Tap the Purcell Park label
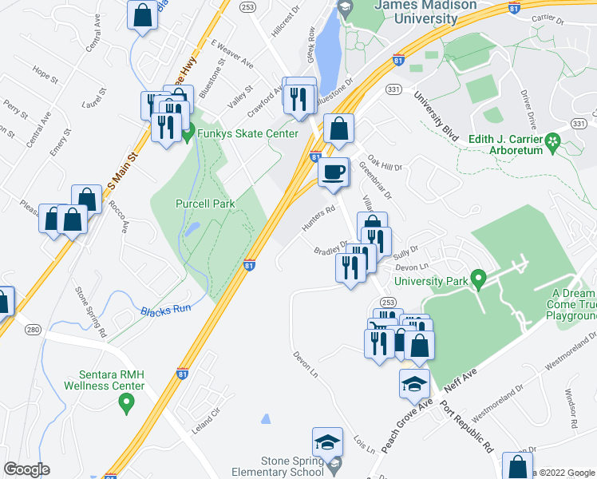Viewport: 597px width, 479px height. tap(205, 204)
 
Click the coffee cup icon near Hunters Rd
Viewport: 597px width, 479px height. tap(333, 172)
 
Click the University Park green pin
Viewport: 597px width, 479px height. tap(479, 280)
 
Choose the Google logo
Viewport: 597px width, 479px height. tap(27, 469)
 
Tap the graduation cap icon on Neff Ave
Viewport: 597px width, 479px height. tap(414, 384)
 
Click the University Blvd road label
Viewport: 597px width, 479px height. tap(435, 117)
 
